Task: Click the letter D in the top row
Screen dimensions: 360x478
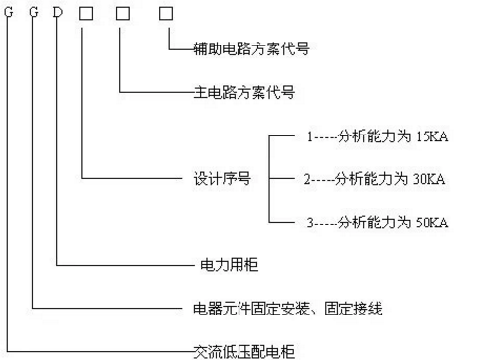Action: click(x=59, y=14)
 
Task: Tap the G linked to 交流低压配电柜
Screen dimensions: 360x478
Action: click(x=9, y=14)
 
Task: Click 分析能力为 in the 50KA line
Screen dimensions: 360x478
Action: click(x=370, y=224)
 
